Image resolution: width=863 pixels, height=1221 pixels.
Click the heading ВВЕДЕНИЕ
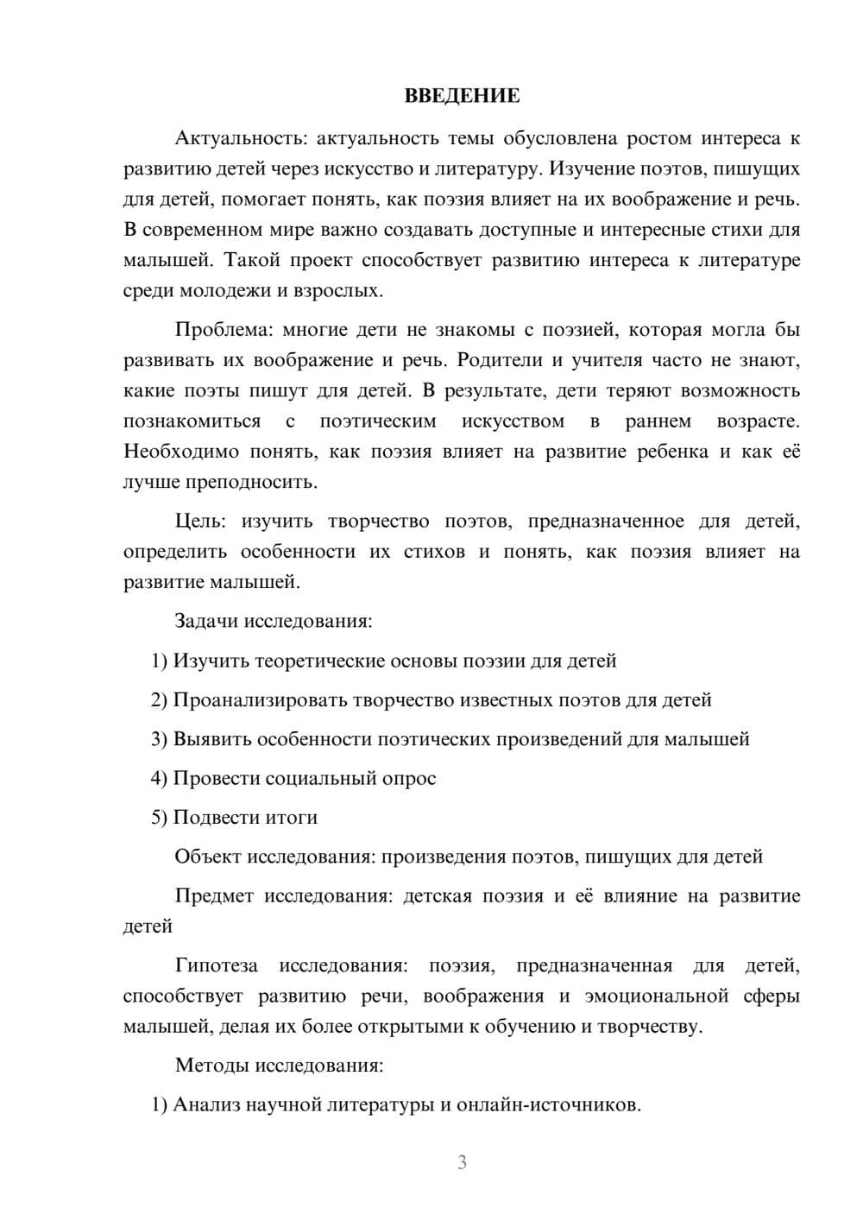click(x=462, y=96)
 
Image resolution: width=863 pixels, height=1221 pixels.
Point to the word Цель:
click(x=200, y=521)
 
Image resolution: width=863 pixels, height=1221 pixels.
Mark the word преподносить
click(x=257, y=482)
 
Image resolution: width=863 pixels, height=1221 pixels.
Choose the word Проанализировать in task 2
click(x=260, y=699)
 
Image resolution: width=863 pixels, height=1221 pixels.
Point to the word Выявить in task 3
click(x=212, y=739)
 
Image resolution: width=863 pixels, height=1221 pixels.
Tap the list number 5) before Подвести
click(x=159, y=817)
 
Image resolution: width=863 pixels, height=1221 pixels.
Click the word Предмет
click(x=214, y=895)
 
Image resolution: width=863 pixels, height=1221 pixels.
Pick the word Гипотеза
click(x=216, y=965)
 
